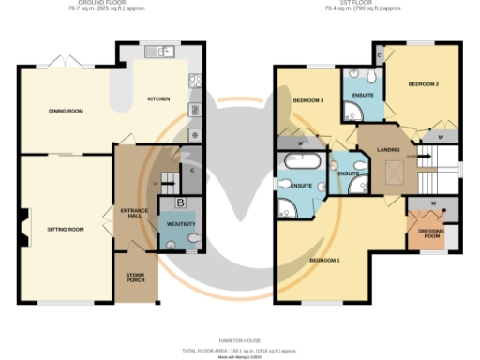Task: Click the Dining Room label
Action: [67, 112]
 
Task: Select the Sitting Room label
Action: [67, 229]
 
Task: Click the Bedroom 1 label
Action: [325, 258]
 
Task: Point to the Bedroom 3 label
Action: [308, 99]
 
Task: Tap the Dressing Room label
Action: [430, 233]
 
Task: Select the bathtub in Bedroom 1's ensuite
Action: [299, 165]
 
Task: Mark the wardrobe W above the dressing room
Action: [432, 203]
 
